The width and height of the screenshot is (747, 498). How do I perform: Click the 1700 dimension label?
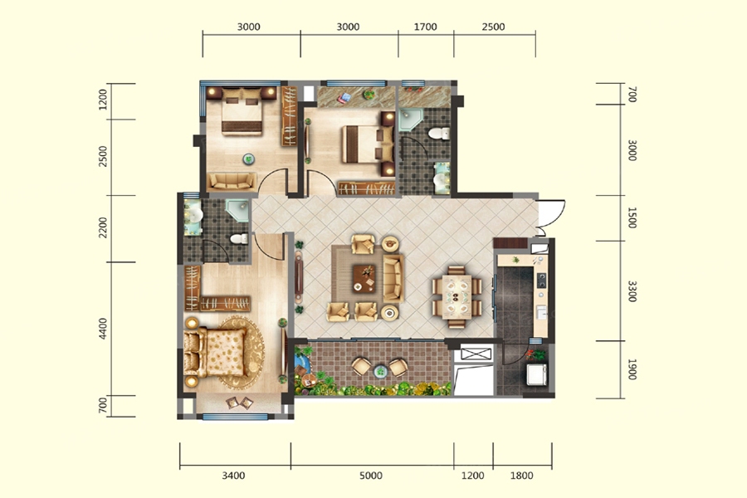[x=425, y=27]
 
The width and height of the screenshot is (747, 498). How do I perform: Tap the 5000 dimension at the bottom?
[x=371, y=475]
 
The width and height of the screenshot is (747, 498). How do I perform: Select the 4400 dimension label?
[x=103, y=329]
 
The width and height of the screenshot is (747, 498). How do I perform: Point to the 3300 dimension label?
[x=632, y=291]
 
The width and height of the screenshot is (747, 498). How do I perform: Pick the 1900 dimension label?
[x=632, y=369]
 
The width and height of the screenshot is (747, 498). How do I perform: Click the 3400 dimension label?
[x=233, y=475]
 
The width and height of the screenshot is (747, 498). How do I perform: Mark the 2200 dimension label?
[x=103, y=227]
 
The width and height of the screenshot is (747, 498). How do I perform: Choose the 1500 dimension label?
[x=632, y=217]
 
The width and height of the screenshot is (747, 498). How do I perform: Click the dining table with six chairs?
[x=456, y=297]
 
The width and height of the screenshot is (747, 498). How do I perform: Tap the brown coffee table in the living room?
[x=364, y=278]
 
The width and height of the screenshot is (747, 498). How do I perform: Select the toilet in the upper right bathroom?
[x=439, y=133]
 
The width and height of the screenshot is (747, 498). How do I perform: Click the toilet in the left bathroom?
[x=239, y=238]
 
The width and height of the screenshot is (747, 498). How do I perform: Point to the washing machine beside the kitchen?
[x=537, y=374]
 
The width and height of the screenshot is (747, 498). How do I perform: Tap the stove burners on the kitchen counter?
[x=542, y=281]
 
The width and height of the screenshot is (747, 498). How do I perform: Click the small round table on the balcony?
[x=379, y=370]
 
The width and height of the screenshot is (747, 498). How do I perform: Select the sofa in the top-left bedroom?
[x=232, y=181]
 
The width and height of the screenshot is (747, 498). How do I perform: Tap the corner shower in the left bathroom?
[x=237, y=211]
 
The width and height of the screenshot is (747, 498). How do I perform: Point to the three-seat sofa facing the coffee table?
[x=393, y=278]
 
